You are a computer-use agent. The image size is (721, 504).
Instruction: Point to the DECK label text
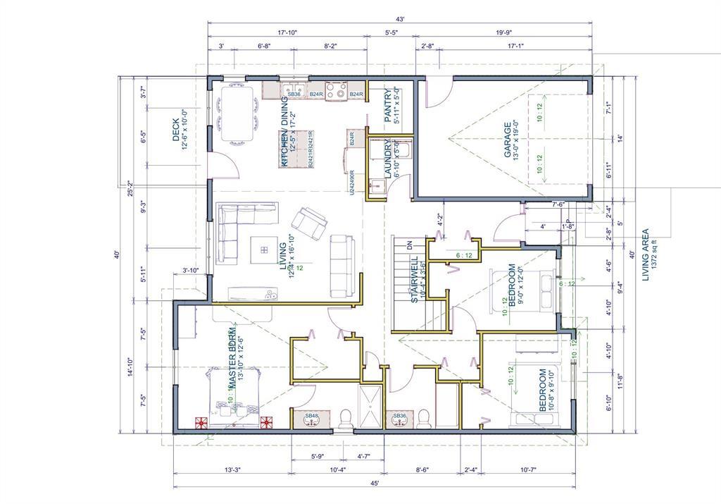[x=176, y=130]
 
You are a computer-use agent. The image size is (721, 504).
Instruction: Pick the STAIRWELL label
[x=415, y=279]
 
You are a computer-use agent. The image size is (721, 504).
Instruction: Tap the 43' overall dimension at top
[x=399, y=19]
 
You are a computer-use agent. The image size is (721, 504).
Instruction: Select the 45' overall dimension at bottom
[x=375, y=483]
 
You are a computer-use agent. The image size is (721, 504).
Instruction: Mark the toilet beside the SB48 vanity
[x=344, y=419]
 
